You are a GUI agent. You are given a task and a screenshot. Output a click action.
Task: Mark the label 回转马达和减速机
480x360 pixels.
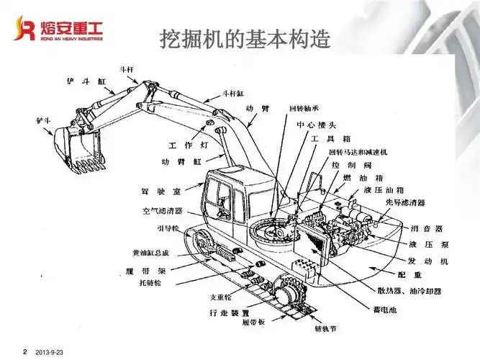(x=358, y=153)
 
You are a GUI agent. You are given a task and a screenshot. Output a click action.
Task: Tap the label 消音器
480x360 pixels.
(x=423, y=228)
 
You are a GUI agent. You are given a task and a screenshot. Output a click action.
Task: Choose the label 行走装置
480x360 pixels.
(x=229, y=313)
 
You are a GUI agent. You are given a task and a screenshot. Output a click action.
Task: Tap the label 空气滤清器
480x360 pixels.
(x=162, y=212)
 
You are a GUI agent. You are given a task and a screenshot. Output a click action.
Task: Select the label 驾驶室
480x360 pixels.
(x=160, y=192)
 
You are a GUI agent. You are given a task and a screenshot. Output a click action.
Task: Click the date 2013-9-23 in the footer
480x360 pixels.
(x=50, y=351)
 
